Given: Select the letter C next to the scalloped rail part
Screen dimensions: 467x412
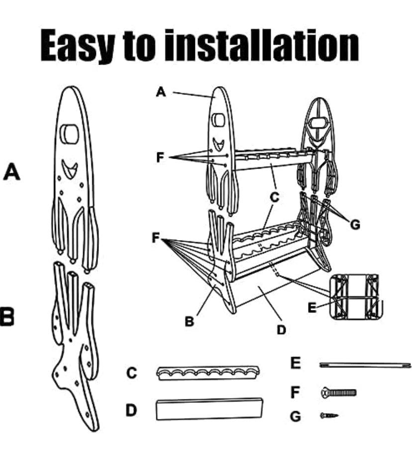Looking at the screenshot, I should pyautogui.click(x=131, y=373).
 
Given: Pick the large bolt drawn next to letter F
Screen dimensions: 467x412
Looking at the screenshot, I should pyautogui.click(x=338, y=393).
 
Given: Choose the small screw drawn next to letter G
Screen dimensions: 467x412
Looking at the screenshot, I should pyautogui.click(x=329, y=415).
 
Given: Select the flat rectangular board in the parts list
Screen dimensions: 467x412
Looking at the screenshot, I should pyautogui.click(x=209, y=409).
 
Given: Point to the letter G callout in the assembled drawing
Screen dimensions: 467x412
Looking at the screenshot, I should pyautogui.click(x=354, y=225).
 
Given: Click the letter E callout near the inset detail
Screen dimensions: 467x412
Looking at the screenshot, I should pyautogui.click(x=312, y=307).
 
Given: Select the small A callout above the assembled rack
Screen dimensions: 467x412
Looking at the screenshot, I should pyautogui.click(x=161, y=92).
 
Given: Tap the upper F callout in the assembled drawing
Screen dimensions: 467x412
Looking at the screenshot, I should pyautogui.click(x=161, y=158).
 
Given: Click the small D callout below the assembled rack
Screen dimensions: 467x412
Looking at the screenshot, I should pyautogui.click(x=281, y=329).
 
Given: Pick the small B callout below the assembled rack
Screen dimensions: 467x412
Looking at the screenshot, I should pyautogui.click(x=189, y=322).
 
